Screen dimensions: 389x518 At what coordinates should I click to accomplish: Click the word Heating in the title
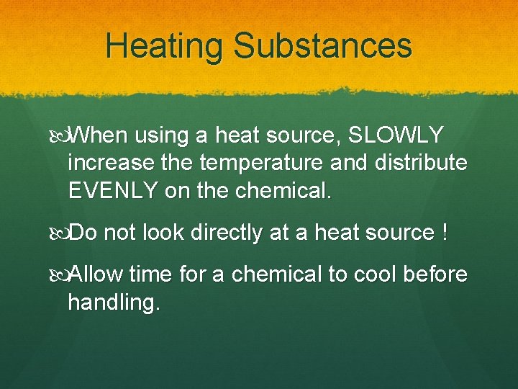(x=165, y=46)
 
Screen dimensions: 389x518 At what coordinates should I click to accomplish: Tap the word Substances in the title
(x=323, y=46)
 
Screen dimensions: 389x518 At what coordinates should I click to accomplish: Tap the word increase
(x=109, y=163)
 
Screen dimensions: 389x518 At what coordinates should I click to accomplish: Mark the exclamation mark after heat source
(x=445, y=233)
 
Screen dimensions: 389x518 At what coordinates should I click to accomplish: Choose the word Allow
(x=98, y=274)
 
